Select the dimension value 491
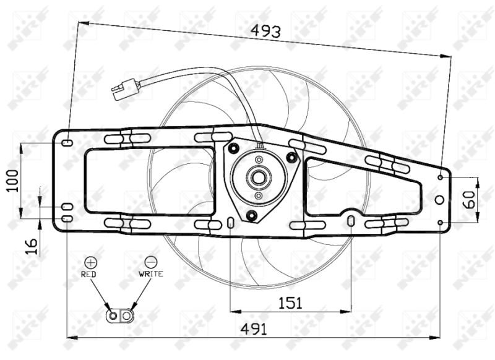pos(254,329)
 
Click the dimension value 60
pos(468,199)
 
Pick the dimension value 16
pos(35,246)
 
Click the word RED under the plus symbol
pos(89,273)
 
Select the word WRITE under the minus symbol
pos(151,273)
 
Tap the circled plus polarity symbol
pos(90,262)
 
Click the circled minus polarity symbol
pos(151,262)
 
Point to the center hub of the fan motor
pos(257,178)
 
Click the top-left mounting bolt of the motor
pos(233,148)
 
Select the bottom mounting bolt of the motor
pos(251,215)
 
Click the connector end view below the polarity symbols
pos(120,316)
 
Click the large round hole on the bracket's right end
pos(439,199)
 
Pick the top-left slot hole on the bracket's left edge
pos(66,143)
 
